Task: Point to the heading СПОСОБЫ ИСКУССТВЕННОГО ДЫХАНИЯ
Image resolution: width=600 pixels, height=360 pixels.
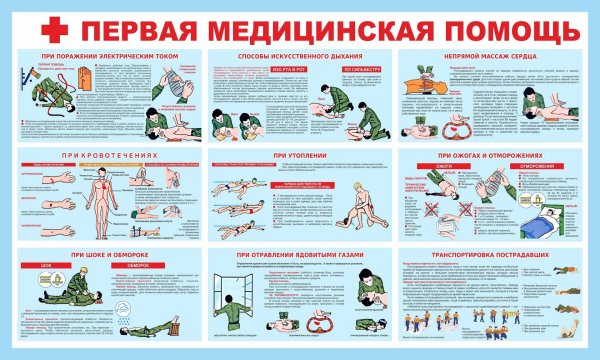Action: pyautogui.click(x=299, y=55)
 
